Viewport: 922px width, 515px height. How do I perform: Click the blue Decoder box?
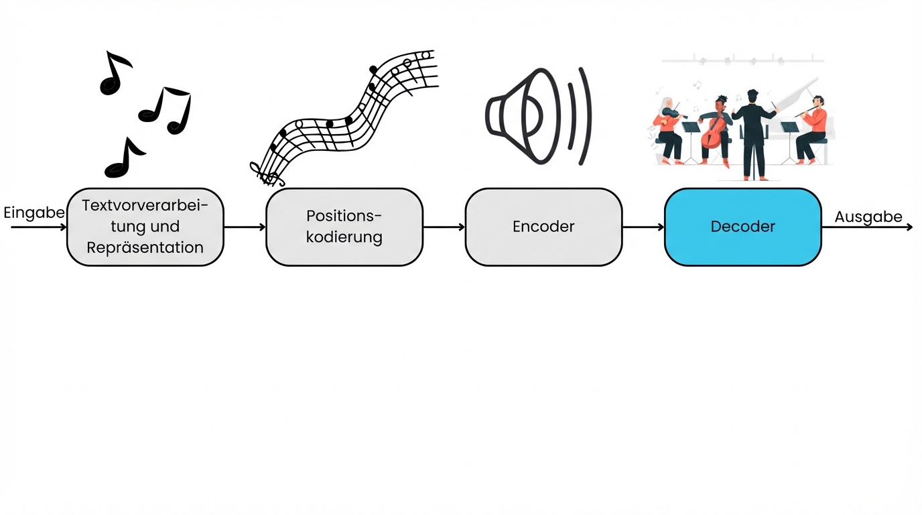(x=742, y=227)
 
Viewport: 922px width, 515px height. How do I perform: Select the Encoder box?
(x=543, y=227)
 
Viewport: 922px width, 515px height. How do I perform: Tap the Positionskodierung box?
(x=344, y=227)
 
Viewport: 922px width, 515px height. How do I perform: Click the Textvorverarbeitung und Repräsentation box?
(x=145, y=227)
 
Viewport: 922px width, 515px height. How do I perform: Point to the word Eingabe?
(x=34, y=213)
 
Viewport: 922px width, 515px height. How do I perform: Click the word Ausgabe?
(x=868, y=217)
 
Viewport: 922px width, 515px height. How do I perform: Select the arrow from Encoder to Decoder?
(x=643, y=227)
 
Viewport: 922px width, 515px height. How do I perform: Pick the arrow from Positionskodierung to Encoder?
(x=444, y=227)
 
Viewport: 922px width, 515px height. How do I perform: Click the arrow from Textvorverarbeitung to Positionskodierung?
(x=245, y=227)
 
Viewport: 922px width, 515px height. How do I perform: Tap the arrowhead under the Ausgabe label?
(x=909, y=227)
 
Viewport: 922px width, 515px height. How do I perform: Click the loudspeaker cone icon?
(x=516, y=116)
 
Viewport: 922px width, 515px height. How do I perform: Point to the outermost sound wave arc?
(x=585, y=116)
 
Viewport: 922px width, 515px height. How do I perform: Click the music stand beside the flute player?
(x=790, y=137)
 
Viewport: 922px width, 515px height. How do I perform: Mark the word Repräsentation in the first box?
(x=145, y=247)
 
